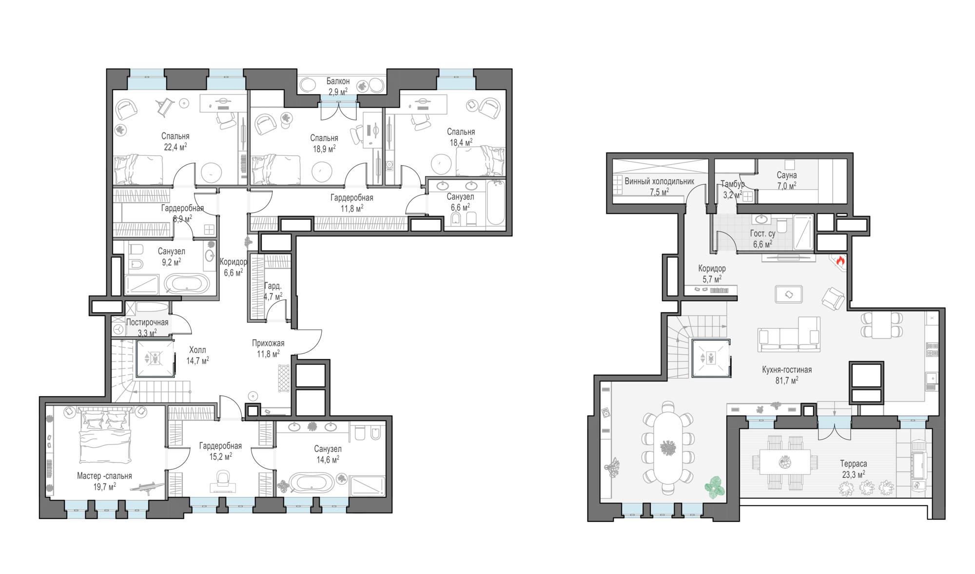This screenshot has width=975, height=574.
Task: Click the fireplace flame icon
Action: pos(840,261)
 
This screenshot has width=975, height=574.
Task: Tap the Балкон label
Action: pos(338,81)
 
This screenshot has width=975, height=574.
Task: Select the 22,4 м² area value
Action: pos(175,147)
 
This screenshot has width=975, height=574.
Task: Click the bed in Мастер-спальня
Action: pos(105,436)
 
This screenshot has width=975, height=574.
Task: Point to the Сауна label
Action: pos(787,175)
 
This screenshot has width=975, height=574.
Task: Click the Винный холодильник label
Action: pos(659,181)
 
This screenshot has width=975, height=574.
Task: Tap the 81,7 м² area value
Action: pos(787,381)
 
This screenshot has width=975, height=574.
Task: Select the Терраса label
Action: pos(854,464)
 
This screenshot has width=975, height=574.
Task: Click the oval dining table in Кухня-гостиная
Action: pos(668,448)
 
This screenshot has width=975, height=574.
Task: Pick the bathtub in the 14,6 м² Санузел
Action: pos(312,482)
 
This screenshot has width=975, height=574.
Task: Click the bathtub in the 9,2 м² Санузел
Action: pos(186,284)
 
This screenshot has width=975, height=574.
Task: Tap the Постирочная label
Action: pos(147,323)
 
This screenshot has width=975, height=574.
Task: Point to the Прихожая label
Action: pos(268,343)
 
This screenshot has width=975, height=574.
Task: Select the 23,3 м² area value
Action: pos(854,475)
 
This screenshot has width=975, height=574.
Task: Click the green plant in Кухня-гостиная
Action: pos(714,487)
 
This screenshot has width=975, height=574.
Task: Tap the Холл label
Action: pos(197,350)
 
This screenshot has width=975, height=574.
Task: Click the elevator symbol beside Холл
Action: pos(155,359)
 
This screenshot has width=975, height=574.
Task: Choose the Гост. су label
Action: pos(762,234)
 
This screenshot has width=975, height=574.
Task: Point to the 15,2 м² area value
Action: pos(221,457)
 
